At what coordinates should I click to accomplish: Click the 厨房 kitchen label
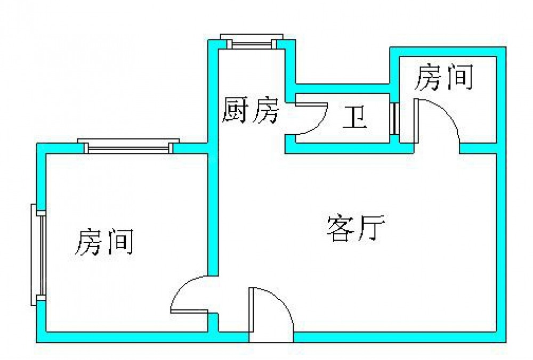[x=250, y=111]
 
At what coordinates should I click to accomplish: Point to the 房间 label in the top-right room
[x=444, y=78]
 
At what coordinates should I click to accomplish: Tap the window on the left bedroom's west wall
[x=38, y=255]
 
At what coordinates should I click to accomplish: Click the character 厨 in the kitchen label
[x=236, y=111]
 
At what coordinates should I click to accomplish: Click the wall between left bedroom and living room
[x=213, y=213]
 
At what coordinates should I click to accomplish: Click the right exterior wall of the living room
[x=501, y=240]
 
